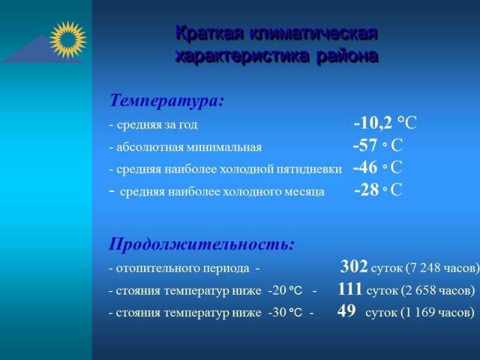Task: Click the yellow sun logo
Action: pyautogui.click(x=68, y=40)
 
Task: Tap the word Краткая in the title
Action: pyautogui.click(x=211, y=33)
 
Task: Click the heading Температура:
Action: pyautogui.click(x=167, y=100)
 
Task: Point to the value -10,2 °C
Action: pyautogui.click(x=385, y=123)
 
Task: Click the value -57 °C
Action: pyautogui.click(x=377, y=145)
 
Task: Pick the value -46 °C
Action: pyautogui.click(x=377, y=167)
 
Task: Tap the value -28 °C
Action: pyautogui.click(x=378, y=190)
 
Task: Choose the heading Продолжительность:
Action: pyautogui.click(x=202, y=244)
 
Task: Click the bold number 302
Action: pyautogui.click(x=354, y=266)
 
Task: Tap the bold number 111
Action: pyautogui.click(x=350, y=289)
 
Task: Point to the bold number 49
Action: pyautogui.click(x=347, y=311)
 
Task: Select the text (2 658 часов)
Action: pyautogui.click(x=438, y=290)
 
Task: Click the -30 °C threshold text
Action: pyautogui.click(x=285, y=313)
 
